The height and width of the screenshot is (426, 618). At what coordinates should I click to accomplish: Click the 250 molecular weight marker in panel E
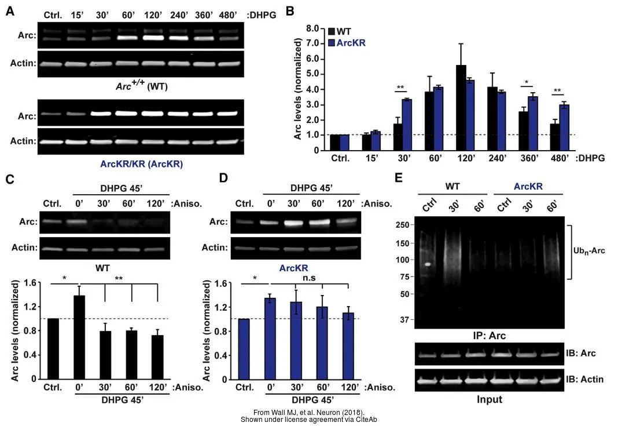403,225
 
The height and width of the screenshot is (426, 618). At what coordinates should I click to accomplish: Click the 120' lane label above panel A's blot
153,14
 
